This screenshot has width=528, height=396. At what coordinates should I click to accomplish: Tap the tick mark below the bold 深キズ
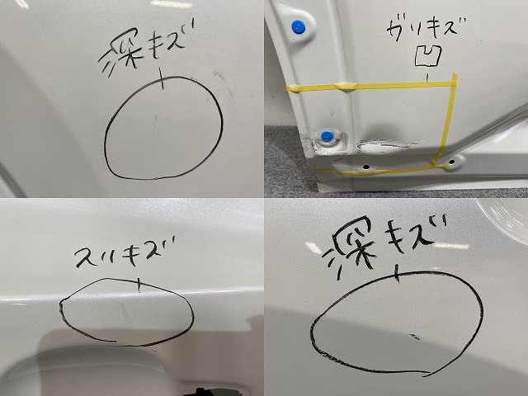(399, 272)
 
